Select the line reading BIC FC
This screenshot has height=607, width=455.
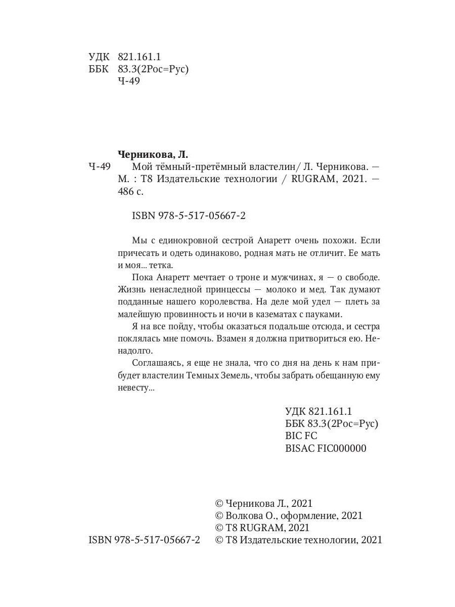point(301,435)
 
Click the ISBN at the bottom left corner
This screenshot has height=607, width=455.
point(144,540)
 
